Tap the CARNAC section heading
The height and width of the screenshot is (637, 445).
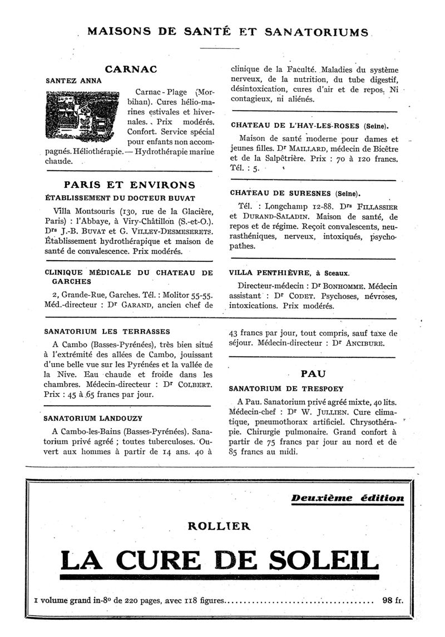pyautogui.click(x=131, y=70)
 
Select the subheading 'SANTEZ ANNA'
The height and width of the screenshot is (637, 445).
pyautogui.click(x=66, y=80)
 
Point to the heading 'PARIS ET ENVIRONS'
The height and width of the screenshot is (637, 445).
pyautogui.click(x=129, y=185)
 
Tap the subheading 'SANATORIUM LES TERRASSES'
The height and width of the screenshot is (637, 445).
pyautogui.click(x=99, y=332)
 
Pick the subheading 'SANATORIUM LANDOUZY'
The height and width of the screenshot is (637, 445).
pyautogui.click(x=90, y=417)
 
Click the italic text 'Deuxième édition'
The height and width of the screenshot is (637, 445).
pyautogui.click(x=348, y=498)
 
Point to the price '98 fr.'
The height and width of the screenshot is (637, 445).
pyautogui.click(x=392, y=600)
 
